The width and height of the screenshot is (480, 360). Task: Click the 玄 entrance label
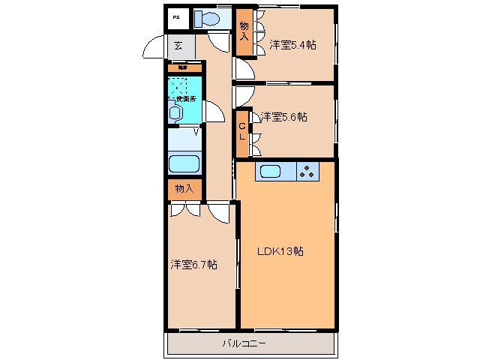[178, 46]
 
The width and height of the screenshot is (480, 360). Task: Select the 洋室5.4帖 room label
[292, 45]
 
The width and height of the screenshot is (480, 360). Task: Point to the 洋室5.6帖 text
[283, 117]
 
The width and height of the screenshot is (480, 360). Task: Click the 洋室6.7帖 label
[193, 265]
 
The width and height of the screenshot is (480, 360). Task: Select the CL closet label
[243, 130]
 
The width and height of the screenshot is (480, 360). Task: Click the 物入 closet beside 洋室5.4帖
[244, 33]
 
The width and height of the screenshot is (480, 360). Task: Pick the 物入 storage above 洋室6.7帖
[184, 189]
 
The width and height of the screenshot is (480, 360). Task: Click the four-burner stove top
[307, 171]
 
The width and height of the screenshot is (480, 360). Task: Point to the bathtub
[183, 164]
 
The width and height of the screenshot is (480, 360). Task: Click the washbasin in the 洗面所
[175, 112]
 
